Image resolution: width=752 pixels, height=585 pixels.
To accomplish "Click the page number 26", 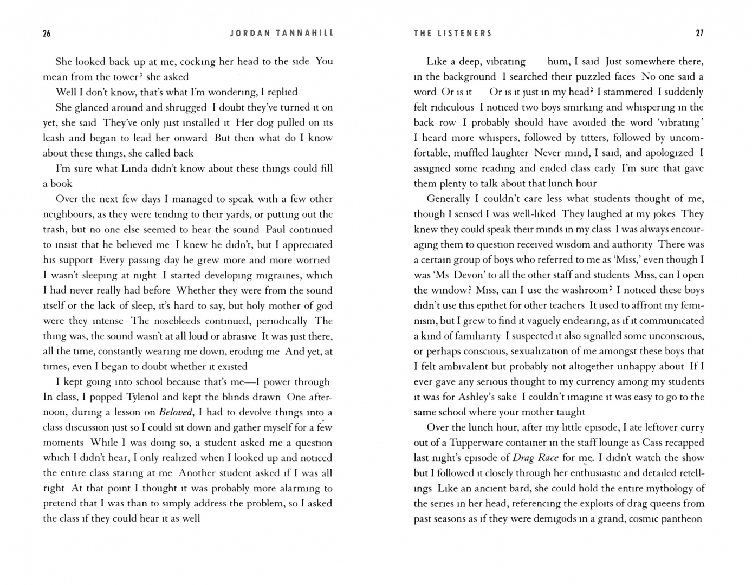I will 47,34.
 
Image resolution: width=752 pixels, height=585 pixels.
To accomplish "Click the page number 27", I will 699,34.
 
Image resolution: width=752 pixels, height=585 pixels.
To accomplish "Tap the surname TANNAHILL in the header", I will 305,34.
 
